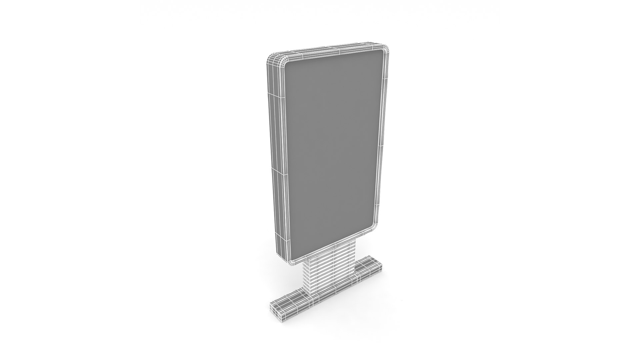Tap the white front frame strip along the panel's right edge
coord(382,140)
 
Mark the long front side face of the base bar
coord(333,293)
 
